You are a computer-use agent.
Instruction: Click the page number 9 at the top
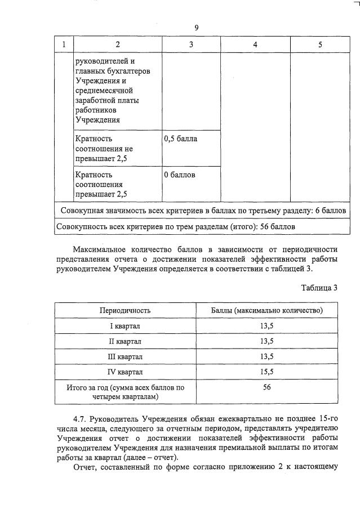(x=197, y=28)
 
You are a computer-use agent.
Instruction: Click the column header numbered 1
(x=64, y=44)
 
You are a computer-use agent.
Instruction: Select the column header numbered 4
(x=255, y=44)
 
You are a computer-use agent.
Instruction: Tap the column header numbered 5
(x=320, y=44)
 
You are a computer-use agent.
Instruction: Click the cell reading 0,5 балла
(x=180, y=139)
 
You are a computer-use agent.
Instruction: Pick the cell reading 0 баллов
(x=180, y=175)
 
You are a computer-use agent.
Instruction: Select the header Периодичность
(x=125, y=310)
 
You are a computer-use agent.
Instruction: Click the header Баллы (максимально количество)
(x=266, y=310)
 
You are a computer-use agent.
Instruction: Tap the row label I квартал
(x=125, y=326)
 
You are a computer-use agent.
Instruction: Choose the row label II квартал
(x=125, y=341)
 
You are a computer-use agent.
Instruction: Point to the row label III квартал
(x=125, y=356)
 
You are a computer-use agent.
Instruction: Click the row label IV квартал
(x=125, y=372)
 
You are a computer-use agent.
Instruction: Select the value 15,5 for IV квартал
(x=266, y=372)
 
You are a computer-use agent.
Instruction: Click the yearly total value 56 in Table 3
(x=266, y=387)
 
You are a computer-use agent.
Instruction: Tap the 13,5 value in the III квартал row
(x=266, y=356)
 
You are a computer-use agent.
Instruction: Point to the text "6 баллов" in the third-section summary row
(x=329, y=211)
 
